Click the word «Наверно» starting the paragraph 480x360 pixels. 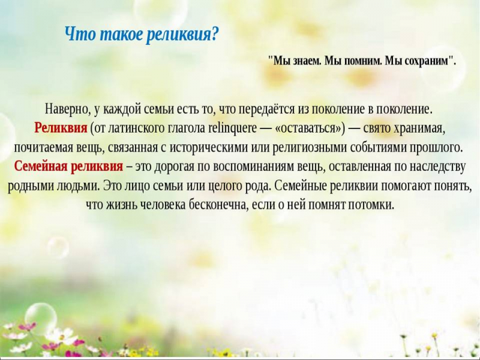67,109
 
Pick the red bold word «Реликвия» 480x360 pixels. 61,128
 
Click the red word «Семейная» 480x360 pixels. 40,166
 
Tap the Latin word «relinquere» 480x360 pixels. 232,128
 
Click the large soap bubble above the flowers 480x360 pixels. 40,318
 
